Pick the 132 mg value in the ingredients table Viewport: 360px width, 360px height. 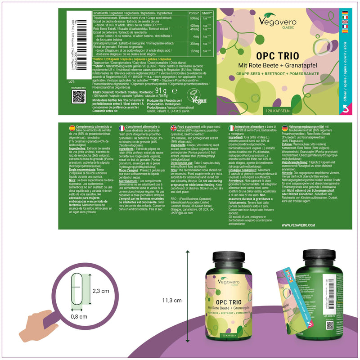194,51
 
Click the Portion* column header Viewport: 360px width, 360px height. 194,13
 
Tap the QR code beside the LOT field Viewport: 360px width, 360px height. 79,96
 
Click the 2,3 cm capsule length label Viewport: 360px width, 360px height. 100,291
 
